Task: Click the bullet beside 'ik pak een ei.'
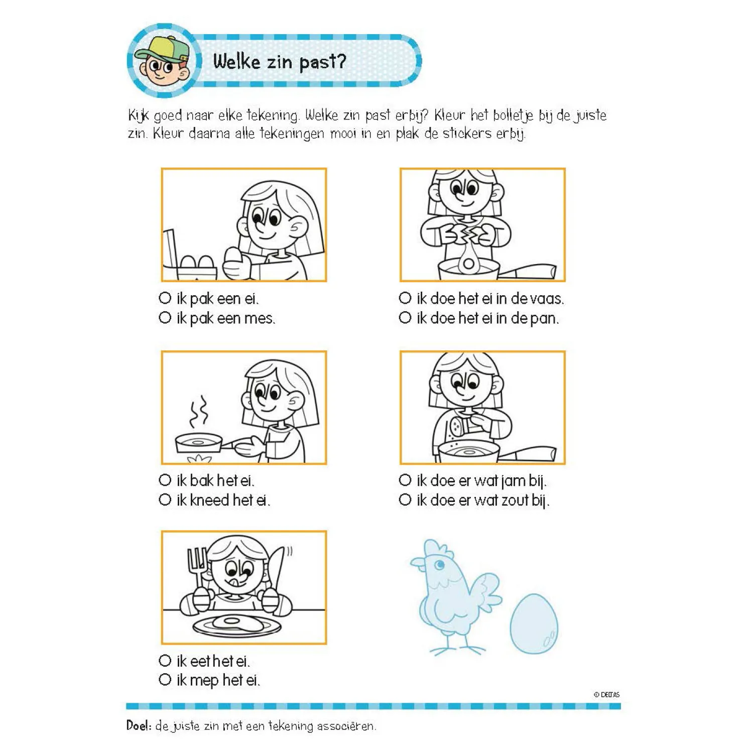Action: pos(165,298)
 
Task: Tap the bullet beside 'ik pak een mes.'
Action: pos(165,318)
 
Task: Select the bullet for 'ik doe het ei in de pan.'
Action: pos(405,318)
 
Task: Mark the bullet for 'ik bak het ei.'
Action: pos(165,480)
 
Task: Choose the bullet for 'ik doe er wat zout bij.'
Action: pos(405,500)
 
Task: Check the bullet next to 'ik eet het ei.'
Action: pos(165,661)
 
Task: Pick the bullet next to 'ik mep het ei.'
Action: pos(165,680)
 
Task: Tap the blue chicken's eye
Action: pos(440,565)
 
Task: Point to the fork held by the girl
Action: pos(197,565)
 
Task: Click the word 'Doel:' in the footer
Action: pos(139,725)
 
